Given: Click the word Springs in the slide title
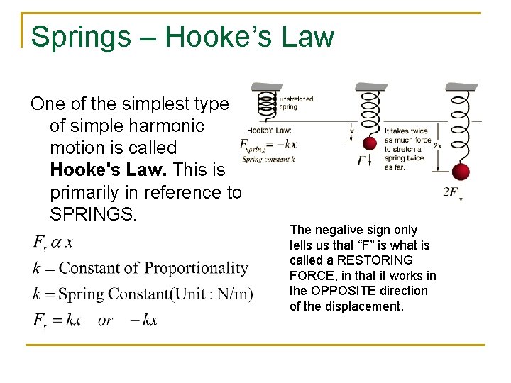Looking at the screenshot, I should click(x=81, y=37).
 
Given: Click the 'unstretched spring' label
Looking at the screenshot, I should click(x=296, y=103).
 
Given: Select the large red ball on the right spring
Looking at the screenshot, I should click(x=461, y=172).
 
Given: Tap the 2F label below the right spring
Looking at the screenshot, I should click(x=450, y=193).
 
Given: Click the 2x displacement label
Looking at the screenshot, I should click(x=438, y=145).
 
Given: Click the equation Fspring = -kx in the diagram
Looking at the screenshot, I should click(x=268, y=145).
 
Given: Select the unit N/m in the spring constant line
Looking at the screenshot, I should click(x=233, y=294).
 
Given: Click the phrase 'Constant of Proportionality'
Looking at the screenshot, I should click(x=153, y=268).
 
